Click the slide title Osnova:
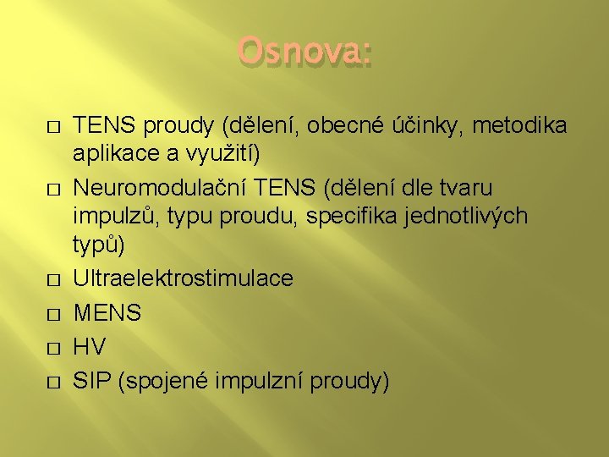click(x=304, y=52)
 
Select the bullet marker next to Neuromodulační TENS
click(x=52, y=186)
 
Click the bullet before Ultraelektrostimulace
click(x=52, y=278)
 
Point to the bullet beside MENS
click(x=52, y=313)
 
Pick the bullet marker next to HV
click(x=52, y=348)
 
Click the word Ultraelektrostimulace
click(x=184, y=278)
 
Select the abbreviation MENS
click(x=108, y=313)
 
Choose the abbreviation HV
click(x=91, y=348)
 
